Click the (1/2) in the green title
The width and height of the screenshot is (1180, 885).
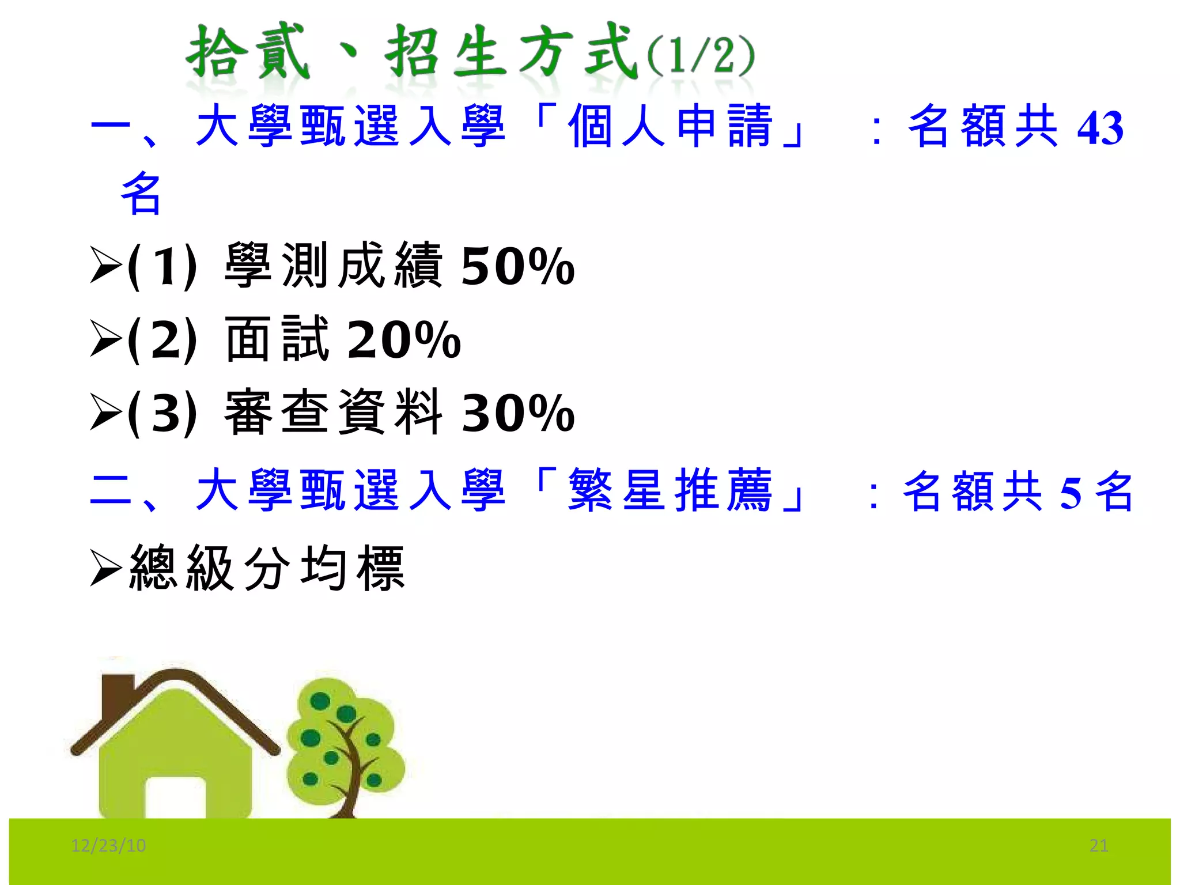coord(701,56)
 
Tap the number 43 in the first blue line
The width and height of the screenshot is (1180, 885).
coord(1100,128)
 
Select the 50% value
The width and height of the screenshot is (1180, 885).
coord(518,266)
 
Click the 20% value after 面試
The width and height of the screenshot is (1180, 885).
coord(404,340)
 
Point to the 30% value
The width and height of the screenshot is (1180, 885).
coord(518,413)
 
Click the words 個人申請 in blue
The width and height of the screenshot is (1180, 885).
coord(670,126)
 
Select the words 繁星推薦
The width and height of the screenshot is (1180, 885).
coord(670,490)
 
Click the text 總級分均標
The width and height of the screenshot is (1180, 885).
coord(267,568)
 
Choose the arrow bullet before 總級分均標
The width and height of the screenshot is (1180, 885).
coord(106,568)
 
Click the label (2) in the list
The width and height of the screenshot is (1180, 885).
coord(162,340)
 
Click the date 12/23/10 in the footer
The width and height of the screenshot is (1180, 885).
coord(108,845)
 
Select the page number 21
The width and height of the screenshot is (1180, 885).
coord(1099,845)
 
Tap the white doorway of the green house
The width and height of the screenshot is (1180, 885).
coord(175,798)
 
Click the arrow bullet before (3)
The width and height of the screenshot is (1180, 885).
coord(106,413)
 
